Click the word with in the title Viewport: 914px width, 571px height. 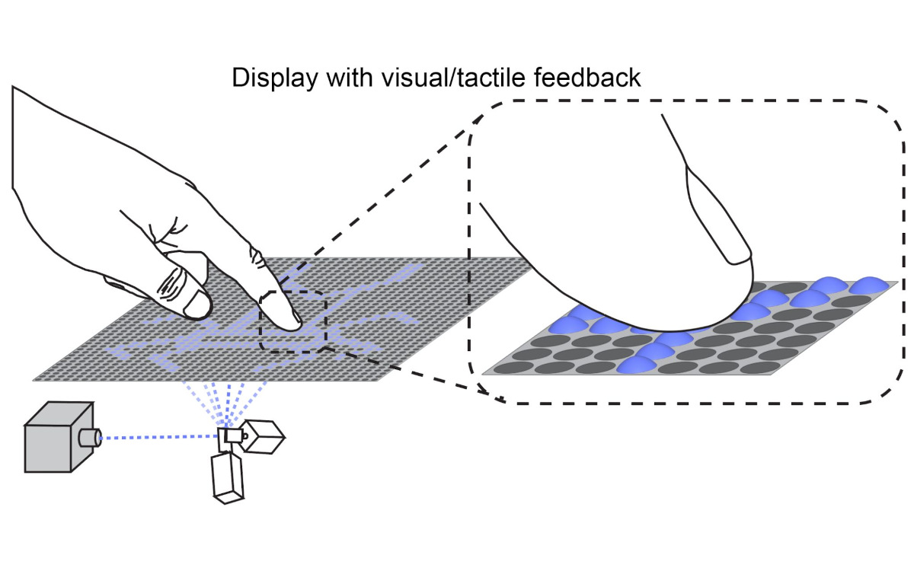(350, 78)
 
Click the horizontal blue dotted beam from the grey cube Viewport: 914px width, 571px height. (160, 437)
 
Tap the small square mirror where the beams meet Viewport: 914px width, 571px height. (230, 436)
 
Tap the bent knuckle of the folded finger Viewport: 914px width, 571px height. (197, 305)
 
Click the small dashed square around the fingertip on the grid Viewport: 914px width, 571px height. (292, 320)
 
